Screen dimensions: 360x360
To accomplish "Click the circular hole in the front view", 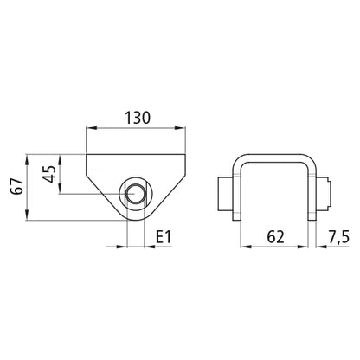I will (x=135, y=194).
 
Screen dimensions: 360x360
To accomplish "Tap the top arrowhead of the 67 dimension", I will (x=29, y=158).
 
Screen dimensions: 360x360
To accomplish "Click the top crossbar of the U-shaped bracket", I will (x=273, y=157).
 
